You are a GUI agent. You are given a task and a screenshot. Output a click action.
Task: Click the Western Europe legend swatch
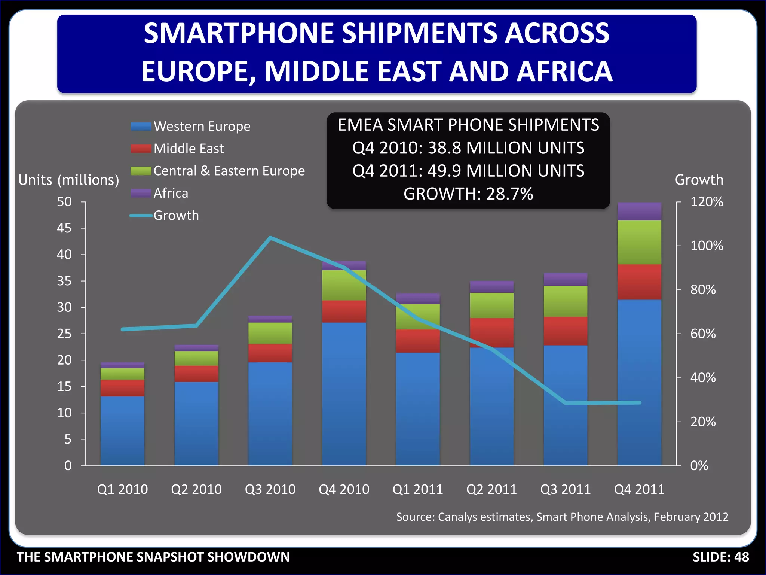[x=141, y=127]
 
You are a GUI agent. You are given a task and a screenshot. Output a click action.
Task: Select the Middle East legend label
[x=189, y=149]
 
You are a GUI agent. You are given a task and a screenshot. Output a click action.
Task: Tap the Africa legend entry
[x=171, y=193]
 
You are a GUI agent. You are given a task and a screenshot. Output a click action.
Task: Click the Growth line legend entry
[x=176, y=216]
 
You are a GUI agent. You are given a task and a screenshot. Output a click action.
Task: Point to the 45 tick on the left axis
[x=64, y=228]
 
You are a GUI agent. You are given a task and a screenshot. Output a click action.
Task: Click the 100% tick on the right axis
[x=707, y=246]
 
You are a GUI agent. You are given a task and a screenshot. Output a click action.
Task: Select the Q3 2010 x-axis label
[x=270, y=489]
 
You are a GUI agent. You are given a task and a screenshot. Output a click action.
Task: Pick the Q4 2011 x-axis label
[x=639, y=489]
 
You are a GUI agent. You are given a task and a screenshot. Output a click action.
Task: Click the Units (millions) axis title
[x=69, y=180]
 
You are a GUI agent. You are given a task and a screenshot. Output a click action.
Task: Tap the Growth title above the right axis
[x=699, y=180]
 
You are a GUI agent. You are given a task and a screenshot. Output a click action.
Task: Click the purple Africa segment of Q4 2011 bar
[x=639, y=212]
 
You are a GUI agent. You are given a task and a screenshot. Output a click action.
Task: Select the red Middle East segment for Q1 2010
[x=122, y=388]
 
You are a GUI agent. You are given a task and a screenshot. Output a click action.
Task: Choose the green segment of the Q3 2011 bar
[x=565, y=301]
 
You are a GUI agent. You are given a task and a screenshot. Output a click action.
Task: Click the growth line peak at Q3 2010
[x=270, y=237]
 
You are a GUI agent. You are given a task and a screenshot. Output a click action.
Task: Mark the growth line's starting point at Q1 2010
[x=123, y=329]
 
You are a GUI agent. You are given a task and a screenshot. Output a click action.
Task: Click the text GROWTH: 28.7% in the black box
[x=468, y=194]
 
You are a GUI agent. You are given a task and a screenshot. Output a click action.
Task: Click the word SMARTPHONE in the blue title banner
[x=239, y=33]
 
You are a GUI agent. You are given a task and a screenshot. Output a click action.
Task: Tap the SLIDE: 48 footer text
[x=720, y=557]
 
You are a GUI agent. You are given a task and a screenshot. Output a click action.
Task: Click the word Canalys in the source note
[x=458, y=517]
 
